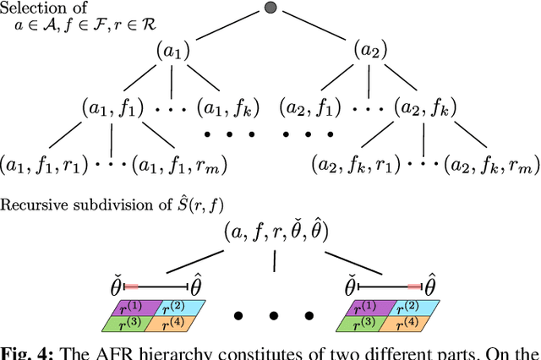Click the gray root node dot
pos(270,8)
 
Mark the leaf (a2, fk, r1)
pos(353,164)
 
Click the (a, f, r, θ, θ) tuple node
pos(276,230)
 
